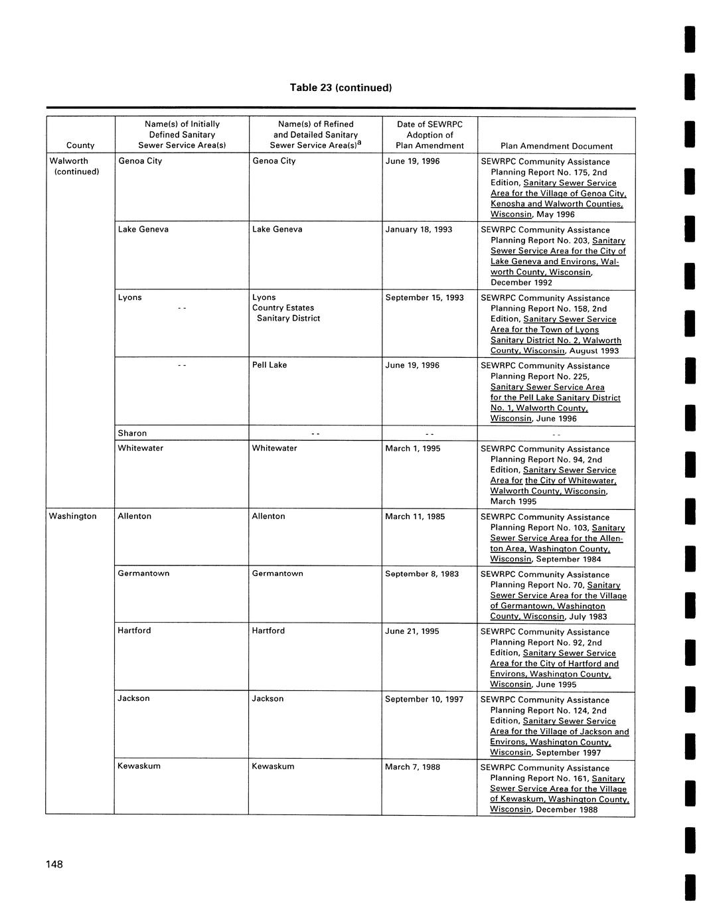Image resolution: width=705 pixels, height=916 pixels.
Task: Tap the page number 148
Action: (x=54, y=864)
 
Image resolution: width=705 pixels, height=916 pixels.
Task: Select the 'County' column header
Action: (x=80, y=145)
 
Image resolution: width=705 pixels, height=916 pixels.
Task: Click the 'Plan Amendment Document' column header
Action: (x=556, y=146)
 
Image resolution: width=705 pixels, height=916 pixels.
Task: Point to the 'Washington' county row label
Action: (x=73, y=516)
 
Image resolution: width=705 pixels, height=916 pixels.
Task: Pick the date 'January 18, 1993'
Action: (x=419, y=230)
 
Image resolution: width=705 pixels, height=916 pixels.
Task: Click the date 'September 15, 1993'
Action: (x=424, y=298)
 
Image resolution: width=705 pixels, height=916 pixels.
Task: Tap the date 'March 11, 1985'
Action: (x=415, y=516)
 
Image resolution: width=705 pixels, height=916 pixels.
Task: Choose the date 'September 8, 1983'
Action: (x=422, y=574)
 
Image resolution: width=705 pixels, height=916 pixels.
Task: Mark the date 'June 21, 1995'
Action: (x=412, y=631)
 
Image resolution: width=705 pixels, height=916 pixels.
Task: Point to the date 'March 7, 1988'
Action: (x=412, y=767)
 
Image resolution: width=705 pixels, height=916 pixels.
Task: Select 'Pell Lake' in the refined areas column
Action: (x=270, y=365)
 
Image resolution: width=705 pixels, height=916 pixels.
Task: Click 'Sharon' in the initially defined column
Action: (x=132, y=433)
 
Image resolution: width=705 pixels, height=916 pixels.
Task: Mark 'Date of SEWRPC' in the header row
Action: (x=430, y=124)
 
